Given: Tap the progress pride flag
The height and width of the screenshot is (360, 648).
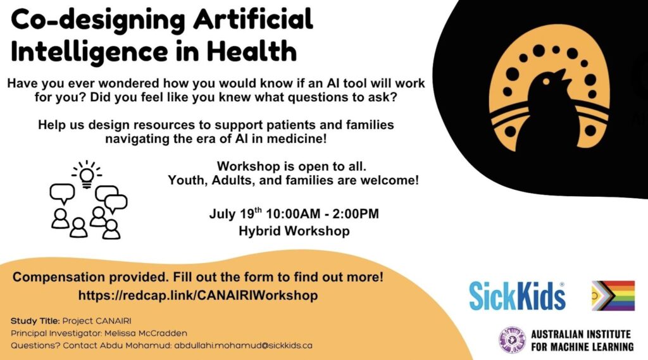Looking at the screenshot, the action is (613, 295).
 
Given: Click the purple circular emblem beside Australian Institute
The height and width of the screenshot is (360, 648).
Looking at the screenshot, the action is (512, 340).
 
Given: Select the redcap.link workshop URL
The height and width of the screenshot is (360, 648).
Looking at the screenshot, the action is (198, 295).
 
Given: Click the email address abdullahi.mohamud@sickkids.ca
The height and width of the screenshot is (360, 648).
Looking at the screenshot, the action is (244, 345).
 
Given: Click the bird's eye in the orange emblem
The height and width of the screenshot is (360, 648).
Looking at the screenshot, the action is (546, 82).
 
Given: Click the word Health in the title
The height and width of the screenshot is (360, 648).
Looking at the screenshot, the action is (252, 51).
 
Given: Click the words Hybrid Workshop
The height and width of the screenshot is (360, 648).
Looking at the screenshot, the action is (294, 231).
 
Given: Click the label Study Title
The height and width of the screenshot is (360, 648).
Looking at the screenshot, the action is (35, 321).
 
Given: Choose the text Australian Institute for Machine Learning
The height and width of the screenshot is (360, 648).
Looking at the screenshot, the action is (582, 340).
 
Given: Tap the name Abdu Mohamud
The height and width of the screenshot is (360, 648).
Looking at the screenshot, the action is (135, 345).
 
